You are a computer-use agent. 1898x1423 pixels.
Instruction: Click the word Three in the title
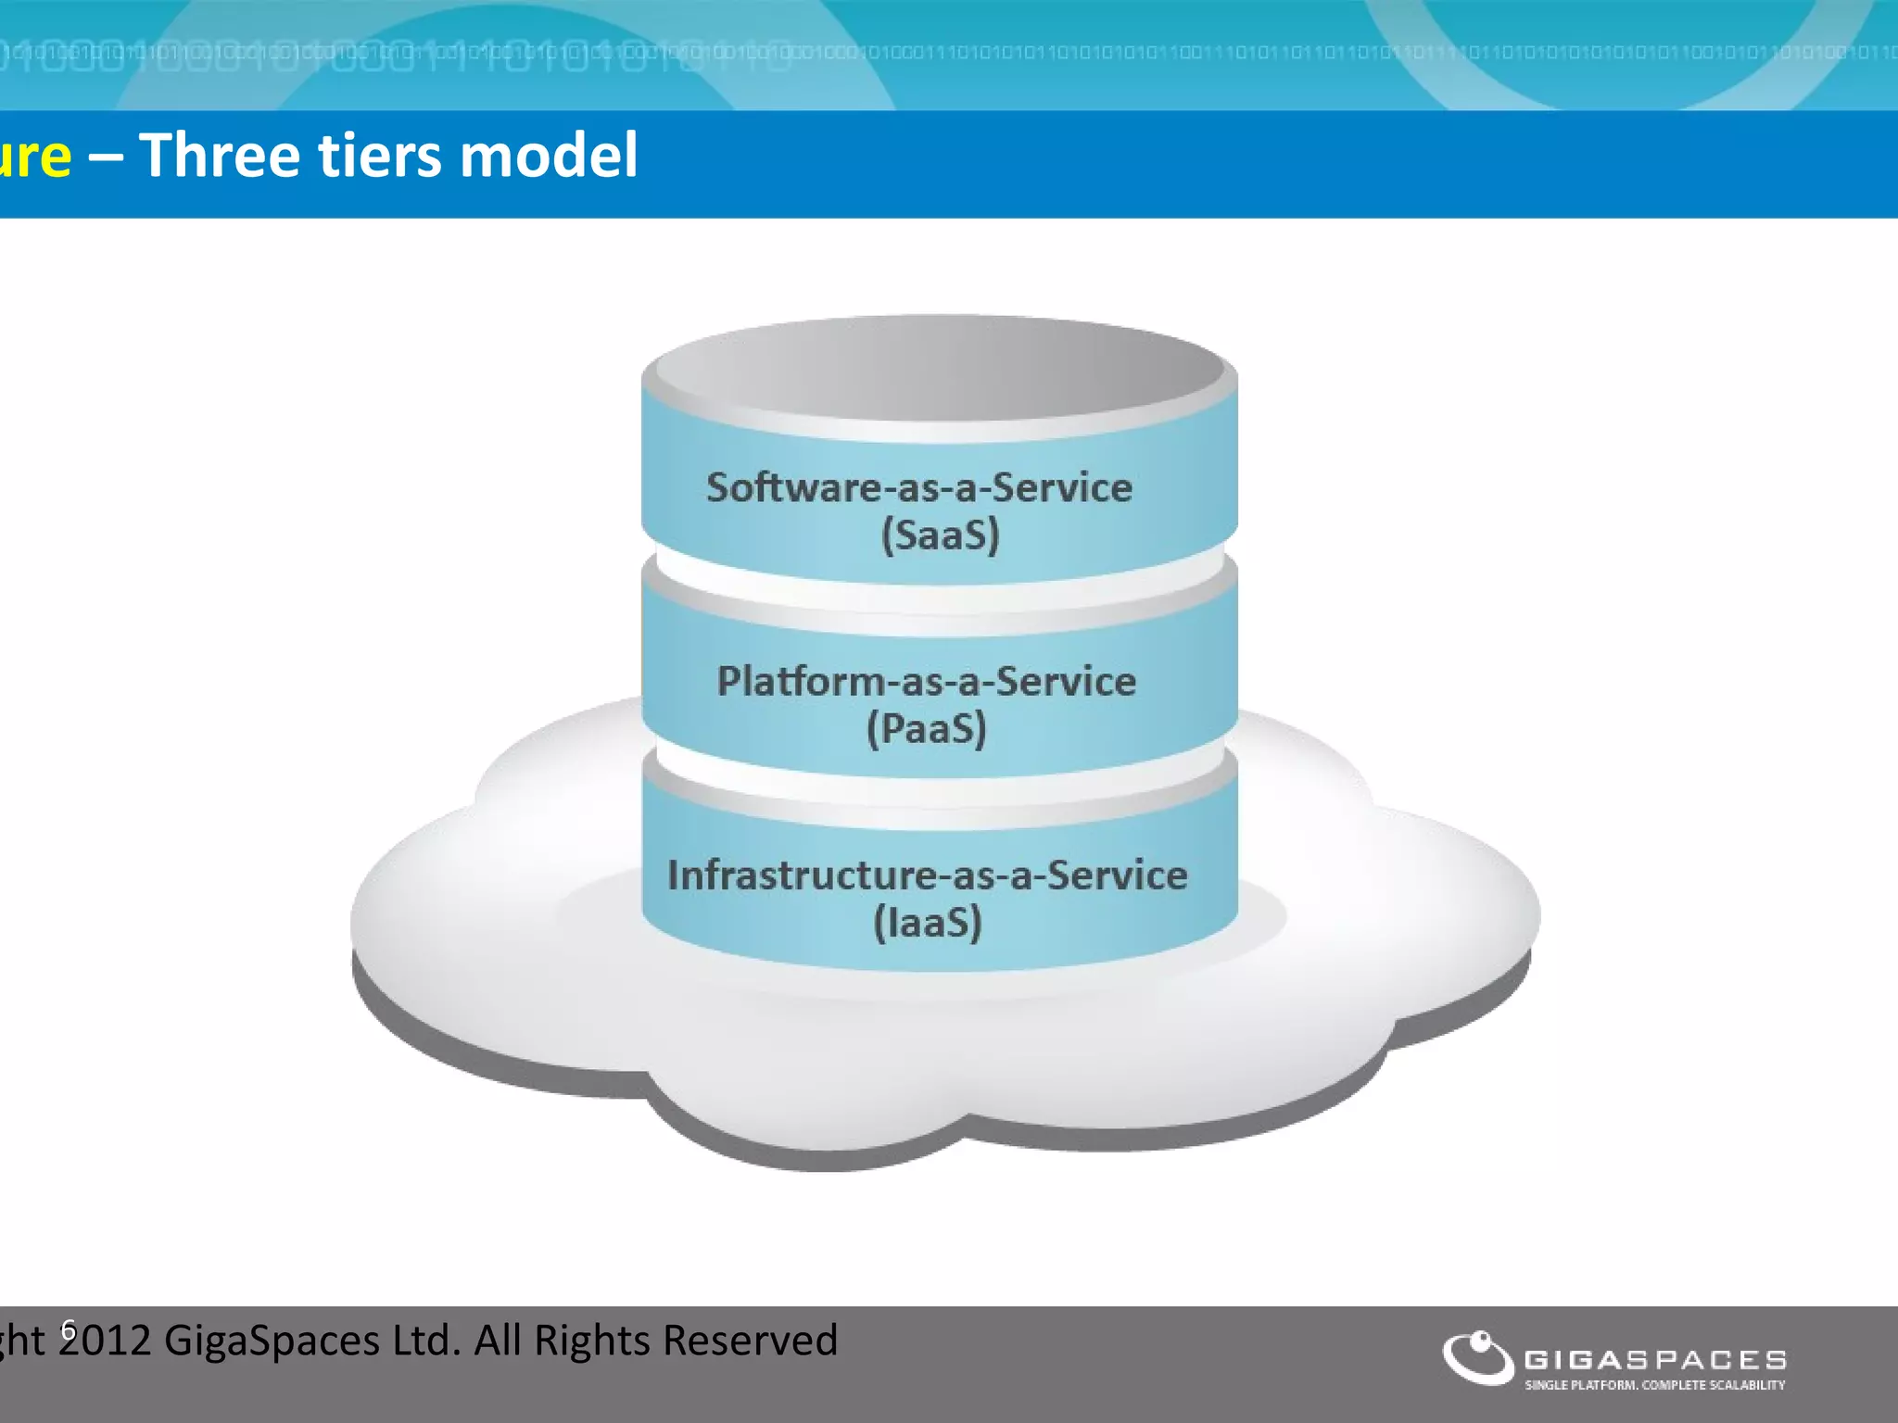(219, 155)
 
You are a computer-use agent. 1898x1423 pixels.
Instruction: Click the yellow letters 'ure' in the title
(34, 157)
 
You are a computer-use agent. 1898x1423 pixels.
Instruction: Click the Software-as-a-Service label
(919, 487)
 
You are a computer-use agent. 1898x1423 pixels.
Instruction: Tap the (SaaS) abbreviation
(940, 535)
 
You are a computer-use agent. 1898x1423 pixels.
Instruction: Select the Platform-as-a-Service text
(926, 681)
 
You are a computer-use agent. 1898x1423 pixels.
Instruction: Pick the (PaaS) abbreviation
(927, 729)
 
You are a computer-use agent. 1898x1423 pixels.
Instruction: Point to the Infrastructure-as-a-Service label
(927, 875)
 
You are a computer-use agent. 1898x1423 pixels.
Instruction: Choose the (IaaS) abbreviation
(928, 923)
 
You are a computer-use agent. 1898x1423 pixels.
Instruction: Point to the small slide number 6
(68, 1329)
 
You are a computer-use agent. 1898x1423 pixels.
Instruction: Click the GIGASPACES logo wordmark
(1655, 1360)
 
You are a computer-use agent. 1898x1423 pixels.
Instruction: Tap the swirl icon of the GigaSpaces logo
(1477, 1357)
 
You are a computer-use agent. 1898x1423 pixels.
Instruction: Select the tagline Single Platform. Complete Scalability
(1655, 1385)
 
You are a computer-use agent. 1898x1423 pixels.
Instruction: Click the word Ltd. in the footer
(426, 1341)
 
